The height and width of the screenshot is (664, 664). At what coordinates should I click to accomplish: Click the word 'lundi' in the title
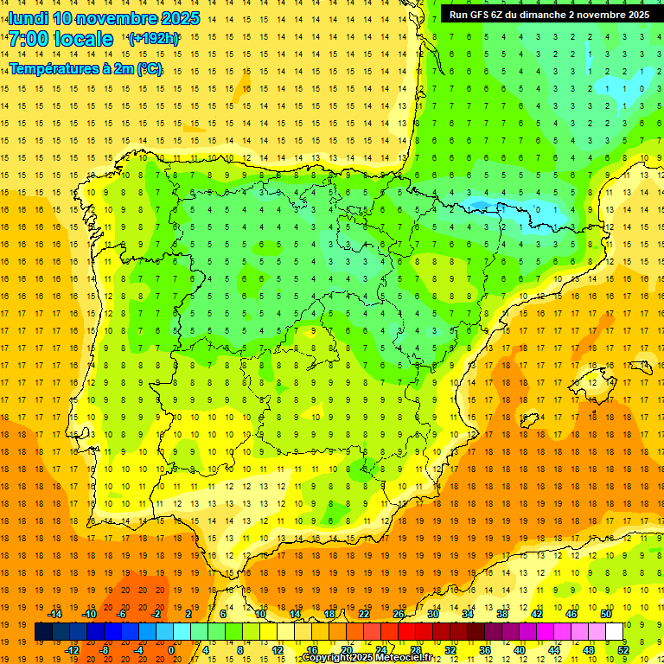pos(29,18)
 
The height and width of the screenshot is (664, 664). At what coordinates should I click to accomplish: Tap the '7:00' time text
pos(28,39)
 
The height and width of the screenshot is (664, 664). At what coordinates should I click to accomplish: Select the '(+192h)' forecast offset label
pos(153,39)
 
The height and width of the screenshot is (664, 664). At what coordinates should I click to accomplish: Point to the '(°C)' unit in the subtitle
pos(149,68)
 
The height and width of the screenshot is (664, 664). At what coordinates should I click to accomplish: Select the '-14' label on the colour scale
pos(55,614)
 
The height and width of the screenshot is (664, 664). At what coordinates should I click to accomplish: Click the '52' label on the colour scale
pos(623,650)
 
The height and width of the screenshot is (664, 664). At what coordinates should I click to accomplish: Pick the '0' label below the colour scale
pos(171,650)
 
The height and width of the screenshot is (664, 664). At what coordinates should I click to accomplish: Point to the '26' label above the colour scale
pos(399,614)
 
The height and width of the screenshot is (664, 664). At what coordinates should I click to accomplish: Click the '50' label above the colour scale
pos(606,614)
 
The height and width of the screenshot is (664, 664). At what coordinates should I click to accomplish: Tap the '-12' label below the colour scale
pos(73,650)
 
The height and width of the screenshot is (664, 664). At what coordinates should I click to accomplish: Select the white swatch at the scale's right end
pos(614,632)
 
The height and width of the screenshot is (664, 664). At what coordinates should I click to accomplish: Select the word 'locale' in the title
pos(83,39)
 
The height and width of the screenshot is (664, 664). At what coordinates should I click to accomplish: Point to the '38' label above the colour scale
pos(502,614)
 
